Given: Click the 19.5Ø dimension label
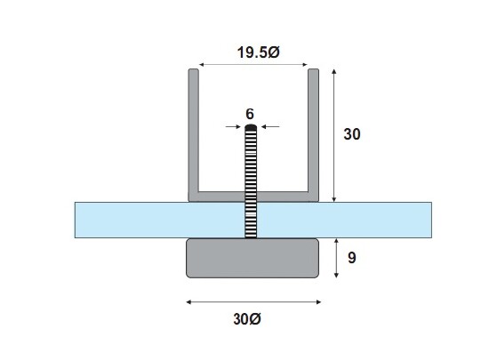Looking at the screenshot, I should click(x=258, y=52).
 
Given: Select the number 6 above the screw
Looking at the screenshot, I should click(x=250, y=114).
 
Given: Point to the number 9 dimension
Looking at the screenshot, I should click(x=352, y=259).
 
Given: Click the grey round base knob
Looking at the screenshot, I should click(x=253, y=258).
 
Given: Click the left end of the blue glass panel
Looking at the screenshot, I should click(x=80, y=220).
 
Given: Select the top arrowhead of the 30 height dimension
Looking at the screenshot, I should click(x=333, y=69).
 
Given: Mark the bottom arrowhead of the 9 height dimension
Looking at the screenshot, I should click(x=333, y=277).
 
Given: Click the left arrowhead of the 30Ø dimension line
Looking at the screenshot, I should click(x=188, y=302).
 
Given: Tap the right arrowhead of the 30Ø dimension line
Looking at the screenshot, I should click(x=318, y=302).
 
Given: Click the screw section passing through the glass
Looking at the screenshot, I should click(x=250, y=220).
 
